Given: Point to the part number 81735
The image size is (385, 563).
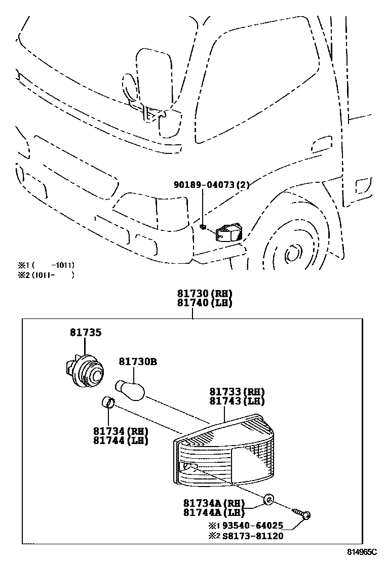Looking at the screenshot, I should click(86, 333).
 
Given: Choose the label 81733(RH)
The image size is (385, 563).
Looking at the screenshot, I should click(237, 392).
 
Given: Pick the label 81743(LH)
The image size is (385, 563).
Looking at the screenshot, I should click(237, 401).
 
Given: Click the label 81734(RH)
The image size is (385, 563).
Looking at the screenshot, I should click(120, 431).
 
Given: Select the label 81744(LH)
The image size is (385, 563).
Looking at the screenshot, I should click(120, 440).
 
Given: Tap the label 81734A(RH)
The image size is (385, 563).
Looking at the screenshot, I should click(214, 504).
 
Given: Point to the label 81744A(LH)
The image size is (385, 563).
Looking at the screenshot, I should click(214, 513).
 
